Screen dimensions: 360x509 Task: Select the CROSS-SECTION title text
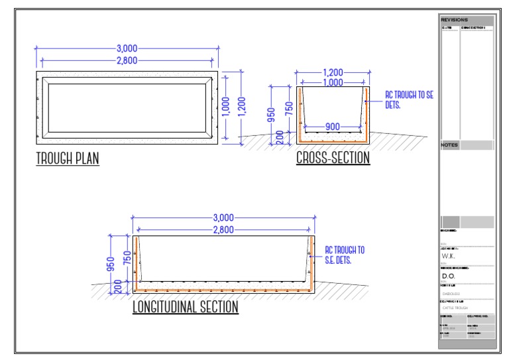[x=332, y=159]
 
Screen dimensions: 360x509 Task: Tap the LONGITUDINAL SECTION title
[x=185, y=308]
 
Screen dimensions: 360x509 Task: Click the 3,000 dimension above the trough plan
[x=127, y=48]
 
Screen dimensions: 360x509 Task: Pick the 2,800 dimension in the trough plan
[x=127, y=60]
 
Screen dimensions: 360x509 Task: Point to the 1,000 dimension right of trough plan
[x=228, y=105]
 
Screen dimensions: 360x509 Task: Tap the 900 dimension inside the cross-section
[x=332, y=125]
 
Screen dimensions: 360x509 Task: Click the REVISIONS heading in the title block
[x=455, y=21]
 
